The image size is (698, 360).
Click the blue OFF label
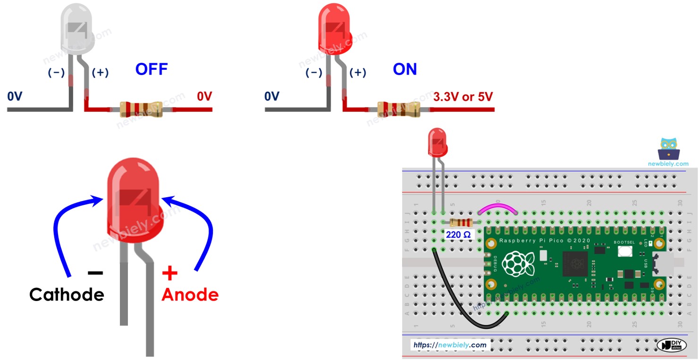151,70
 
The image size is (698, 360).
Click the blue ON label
405,70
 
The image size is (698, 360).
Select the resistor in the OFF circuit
141,109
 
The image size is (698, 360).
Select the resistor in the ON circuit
398,109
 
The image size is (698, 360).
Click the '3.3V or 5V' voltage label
463,97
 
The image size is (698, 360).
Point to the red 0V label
204,97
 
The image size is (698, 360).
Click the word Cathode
67,295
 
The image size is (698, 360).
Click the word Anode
190,295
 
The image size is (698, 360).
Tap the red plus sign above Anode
169,273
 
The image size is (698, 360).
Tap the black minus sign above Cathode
95,273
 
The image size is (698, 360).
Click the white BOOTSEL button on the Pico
624,251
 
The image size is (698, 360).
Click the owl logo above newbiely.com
668,149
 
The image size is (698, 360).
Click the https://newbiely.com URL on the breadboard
450,345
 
